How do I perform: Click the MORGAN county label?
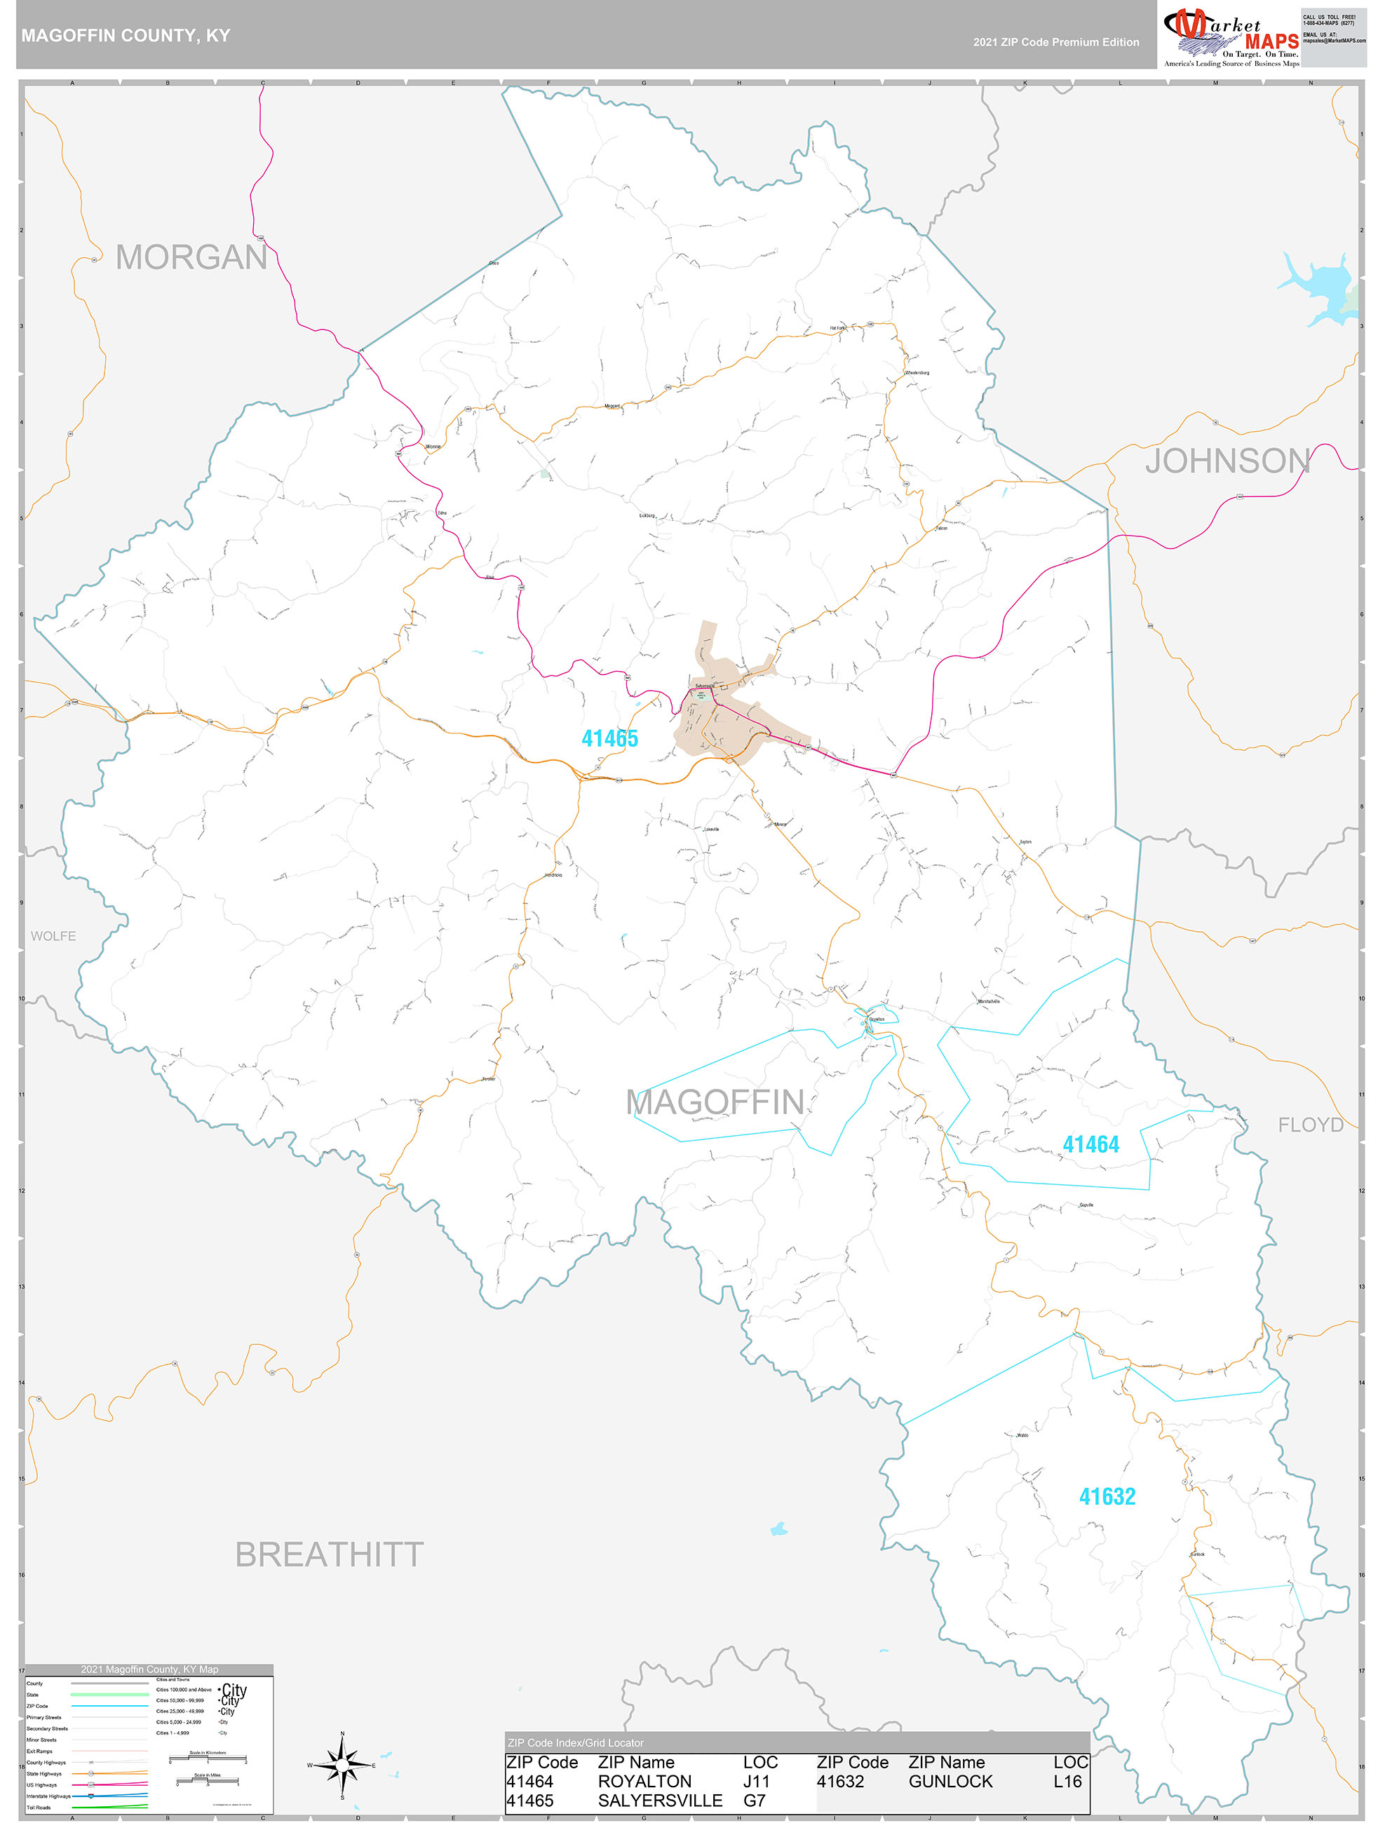pos(191,258)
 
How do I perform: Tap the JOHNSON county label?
pos(1227,461)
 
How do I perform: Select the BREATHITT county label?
pos(329,1555)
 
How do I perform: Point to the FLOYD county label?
pos(1311,1125)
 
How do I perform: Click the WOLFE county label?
pos(53,936)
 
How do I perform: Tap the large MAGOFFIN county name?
pos(715,1103)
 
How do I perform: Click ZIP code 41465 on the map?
pos(610,738)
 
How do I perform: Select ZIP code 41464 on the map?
pos(1090,1145)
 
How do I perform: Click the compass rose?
pos(342,1765)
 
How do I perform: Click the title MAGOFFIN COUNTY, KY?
pos(126,36)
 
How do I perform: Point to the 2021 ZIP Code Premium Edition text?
pos(1055,42)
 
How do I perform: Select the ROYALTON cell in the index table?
pos(644,1781)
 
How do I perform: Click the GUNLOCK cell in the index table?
pos(950,1781)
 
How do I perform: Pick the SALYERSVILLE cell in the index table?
pos(660,1801)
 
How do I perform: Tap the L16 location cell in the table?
pos(1067,1781)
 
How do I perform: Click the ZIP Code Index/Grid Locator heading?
pos(576,1743)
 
